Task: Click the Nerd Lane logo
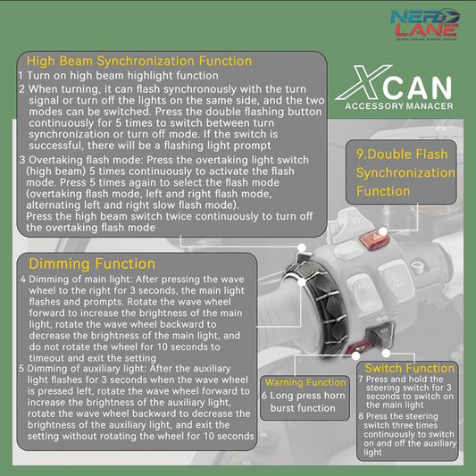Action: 425,24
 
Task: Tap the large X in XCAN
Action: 363,82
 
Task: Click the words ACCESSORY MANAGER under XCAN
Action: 399,106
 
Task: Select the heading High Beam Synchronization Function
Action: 139,61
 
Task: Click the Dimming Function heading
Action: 92,263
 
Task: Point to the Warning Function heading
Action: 305,382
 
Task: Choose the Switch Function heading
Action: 410,368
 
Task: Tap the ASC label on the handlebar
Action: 363,286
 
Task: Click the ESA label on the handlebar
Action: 370,304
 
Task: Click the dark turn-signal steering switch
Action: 381,335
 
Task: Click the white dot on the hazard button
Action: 383,231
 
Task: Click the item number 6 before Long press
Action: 264,396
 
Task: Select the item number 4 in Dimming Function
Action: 23,279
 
